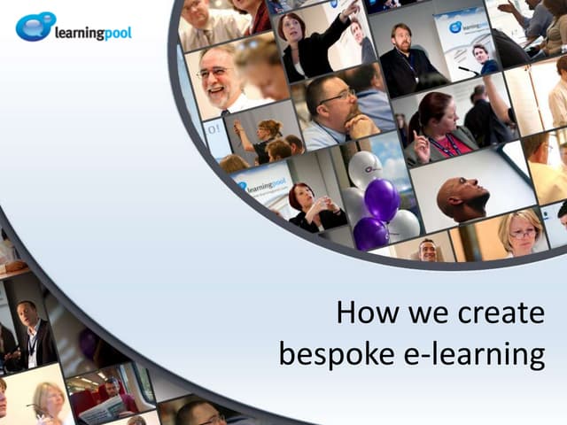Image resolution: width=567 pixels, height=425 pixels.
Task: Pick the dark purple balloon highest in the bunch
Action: coord(382,199)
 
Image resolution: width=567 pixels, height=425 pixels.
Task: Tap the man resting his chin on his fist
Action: coord(331,111)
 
